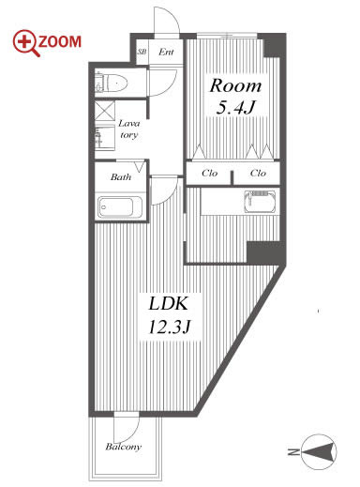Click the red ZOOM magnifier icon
[26, 43]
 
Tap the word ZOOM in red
[60, 42]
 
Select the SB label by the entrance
[142, 52]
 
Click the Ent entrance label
[166, 52]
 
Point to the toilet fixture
[111, 84]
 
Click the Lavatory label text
[128, 129]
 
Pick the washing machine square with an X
[104, 110]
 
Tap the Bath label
[121, 177]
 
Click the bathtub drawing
[120, 206]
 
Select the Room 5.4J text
[235, 97]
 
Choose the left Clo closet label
[209, 173]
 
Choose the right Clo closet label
[258, 173]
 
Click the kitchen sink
[261, 202]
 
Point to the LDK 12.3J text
[169, 315]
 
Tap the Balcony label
[123, 447]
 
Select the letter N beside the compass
[293, 452]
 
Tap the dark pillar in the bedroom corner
[275, 45]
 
